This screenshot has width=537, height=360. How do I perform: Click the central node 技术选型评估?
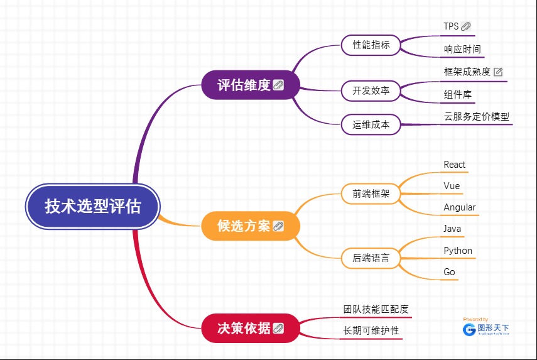93,206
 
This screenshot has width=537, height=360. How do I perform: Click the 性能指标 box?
371,45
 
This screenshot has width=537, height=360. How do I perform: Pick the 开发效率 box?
371,90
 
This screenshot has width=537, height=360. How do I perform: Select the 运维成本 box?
371,124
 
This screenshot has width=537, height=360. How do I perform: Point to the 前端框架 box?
371,194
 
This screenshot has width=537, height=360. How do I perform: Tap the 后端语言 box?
371,258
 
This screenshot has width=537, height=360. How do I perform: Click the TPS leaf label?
451,26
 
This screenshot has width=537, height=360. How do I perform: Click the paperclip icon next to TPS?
466,26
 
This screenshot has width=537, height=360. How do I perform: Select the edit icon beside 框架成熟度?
498,72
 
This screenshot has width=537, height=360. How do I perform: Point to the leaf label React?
455,165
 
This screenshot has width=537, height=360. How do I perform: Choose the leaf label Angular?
460,207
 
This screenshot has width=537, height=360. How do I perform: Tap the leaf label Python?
458,250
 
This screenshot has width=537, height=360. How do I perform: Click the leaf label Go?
450,272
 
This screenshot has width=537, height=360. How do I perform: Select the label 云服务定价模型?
477,116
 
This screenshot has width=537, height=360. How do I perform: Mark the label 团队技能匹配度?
376,309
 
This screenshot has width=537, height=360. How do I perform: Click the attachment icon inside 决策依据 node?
278,328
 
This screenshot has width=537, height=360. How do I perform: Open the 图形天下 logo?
486,328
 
